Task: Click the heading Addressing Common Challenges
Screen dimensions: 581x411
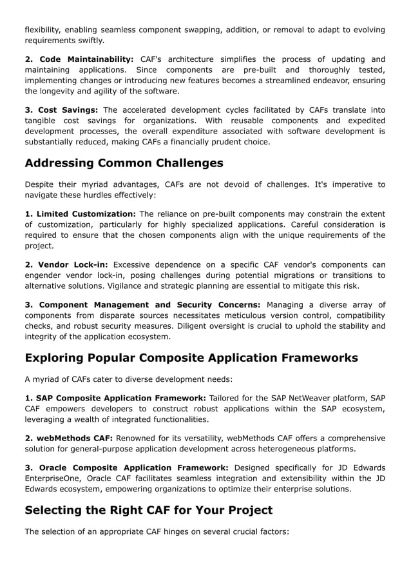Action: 124,162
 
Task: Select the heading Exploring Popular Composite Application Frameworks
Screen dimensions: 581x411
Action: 191,357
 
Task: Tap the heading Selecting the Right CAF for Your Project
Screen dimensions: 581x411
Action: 148,510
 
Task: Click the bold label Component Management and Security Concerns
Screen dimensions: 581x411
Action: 142,304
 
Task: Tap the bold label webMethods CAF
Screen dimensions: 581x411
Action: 69,438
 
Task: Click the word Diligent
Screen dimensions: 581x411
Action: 193,326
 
